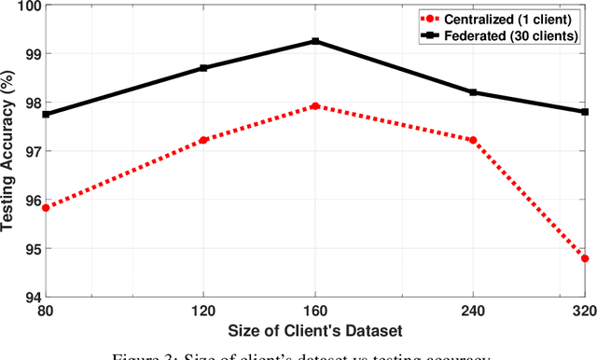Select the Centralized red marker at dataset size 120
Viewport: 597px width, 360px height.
pyautogui.click(x=203, y=140)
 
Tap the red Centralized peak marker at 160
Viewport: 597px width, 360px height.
pyautogui.click(x=315, y=106)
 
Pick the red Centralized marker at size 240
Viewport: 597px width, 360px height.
pyautogui.click(x=473, y=140)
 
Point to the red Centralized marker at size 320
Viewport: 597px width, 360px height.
pyautogui.click(x=585, y=257)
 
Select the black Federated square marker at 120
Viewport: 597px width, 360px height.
pyautogui.click(x=203, y=68)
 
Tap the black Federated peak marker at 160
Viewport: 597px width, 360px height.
pyautogui.click(x=315, y=41)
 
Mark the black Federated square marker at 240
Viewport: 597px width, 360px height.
pyautogui.click(x=473, y=92)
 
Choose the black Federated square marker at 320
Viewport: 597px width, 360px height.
pyautogui.click(x=585, y=112)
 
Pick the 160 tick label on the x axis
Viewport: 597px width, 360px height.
pyautogui.click(x=315, y=311)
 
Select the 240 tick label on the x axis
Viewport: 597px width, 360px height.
pyautogui.click(x=473, y=311)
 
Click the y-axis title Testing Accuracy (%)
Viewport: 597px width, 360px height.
pyautogui.click(x=9, y=151)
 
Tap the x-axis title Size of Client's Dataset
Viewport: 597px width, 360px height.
pyautogui.click(x=315, y=330)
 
